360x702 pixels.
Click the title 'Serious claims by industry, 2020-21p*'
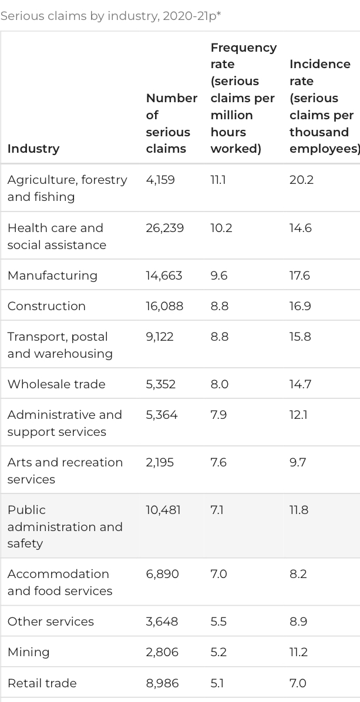click(110, 16)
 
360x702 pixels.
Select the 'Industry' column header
click(33, 149)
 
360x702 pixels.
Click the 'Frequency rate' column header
click(243, 98)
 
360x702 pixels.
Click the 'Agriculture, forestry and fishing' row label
click(67, 188)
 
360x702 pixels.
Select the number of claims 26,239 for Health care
click(164, 228)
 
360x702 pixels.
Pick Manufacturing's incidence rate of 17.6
click(300, 276)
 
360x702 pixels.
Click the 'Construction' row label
click(46, 306)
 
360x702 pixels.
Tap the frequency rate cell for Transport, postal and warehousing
click(220, 337)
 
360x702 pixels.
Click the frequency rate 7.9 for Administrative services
click(218, 415)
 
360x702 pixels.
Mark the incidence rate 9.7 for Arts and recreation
click(297, 462)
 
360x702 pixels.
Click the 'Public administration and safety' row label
click(65, 526)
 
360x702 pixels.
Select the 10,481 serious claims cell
click(163, 510)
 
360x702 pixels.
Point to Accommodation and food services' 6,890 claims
click(162, 574)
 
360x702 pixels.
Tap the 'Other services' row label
click(51, 622)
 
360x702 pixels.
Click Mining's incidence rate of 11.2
click(298, 652)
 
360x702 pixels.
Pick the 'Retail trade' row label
click(42, 683)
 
